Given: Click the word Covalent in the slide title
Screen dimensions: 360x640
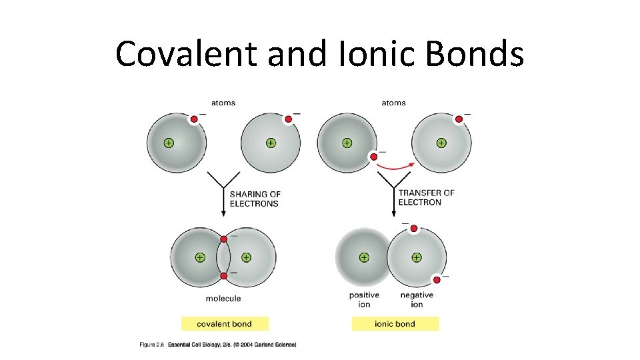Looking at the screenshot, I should [x=185, y=53].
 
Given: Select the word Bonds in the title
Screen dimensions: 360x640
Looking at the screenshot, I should [x=480, y=53].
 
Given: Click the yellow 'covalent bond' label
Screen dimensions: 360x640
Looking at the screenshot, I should [x=224, y=324].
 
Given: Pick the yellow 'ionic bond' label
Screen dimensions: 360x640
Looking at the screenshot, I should [x=395, y=324].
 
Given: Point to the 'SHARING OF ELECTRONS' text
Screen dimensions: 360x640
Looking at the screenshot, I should [x=255, y=199].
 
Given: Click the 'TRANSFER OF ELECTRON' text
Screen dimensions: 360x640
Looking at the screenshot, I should [x=426, y=197].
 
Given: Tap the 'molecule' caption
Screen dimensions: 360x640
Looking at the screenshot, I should [x=223, y=298].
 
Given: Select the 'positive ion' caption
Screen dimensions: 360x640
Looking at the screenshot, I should [x=364, y=299].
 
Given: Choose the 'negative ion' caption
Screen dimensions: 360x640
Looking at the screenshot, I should [x=417, y=299].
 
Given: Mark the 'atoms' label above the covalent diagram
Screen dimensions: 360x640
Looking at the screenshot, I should [x=223, y=103].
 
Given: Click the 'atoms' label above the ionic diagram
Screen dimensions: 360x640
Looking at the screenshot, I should [x=393, y=103].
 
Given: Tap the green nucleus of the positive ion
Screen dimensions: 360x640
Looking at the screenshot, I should [x=364, y=257].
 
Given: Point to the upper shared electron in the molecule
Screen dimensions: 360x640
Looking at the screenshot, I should [x=223, y=239].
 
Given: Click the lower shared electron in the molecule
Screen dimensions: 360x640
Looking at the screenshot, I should [x=223, y=275].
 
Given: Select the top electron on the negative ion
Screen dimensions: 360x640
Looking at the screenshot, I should [x=413, y=229].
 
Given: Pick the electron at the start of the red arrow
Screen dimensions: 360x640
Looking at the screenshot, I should [x=373, y=157].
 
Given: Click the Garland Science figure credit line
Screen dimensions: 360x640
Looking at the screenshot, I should [x=217, y=345].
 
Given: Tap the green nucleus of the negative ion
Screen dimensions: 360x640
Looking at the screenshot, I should [x=416, y=257].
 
